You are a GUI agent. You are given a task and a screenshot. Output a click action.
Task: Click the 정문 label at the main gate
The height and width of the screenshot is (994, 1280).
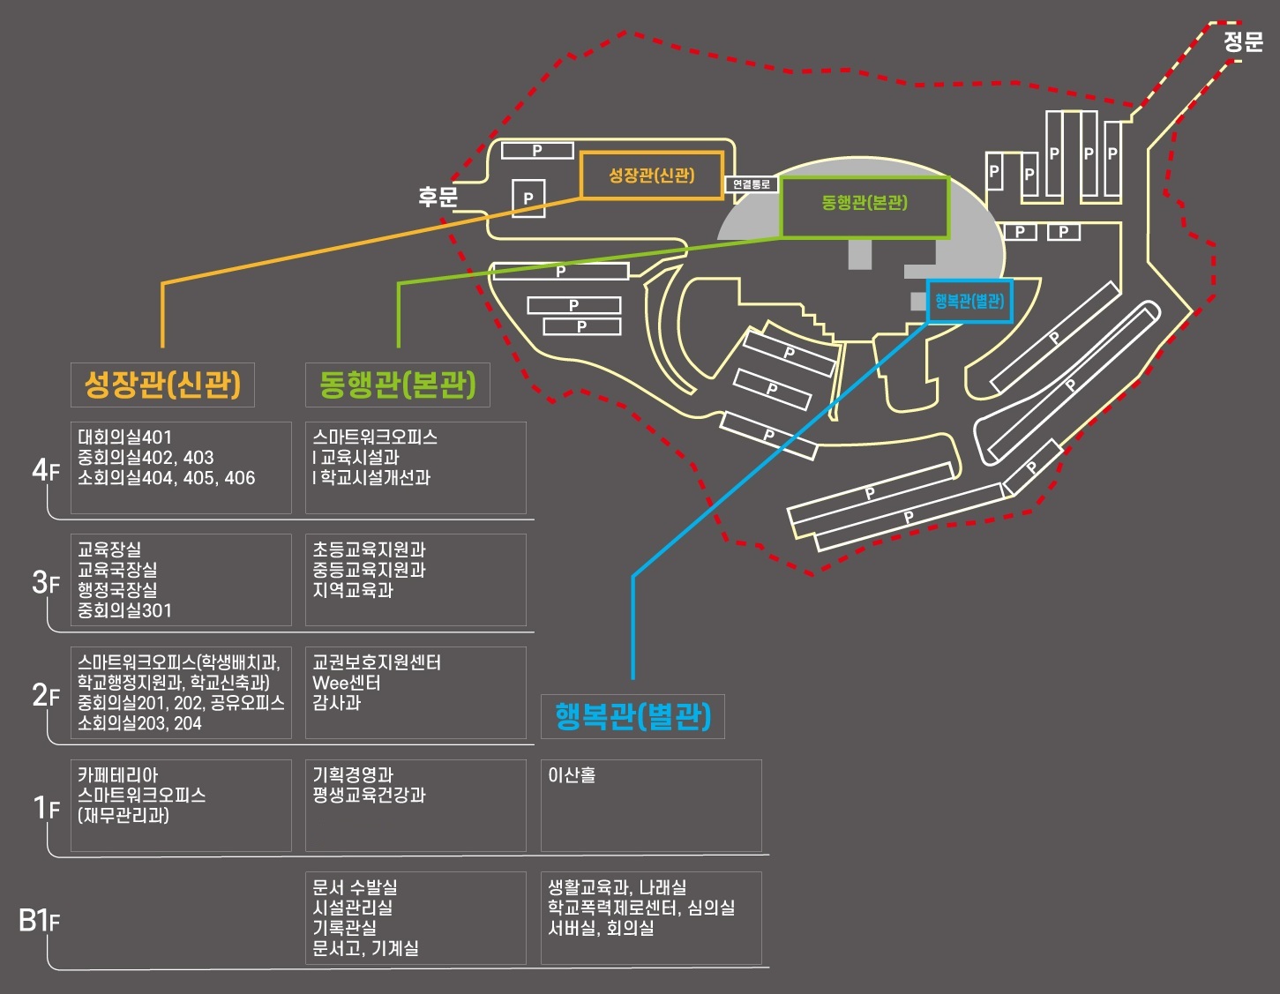coord(1243,41)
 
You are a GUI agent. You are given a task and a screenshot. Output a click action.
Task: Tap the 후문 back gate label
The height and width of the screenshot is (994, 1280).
coord(438,196)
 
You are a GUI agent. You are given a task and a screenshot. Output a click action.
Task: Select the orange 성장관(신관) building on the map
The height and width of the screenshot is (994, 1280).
coord(651,176)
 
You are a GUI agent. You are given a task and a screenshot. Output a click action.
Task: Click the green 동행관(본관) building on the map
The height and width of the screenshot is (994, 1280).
coord(865,203)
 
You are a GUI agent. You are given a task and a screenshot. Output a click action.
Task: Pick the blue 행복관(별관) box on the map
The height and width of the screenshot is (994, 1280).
coord(969,302)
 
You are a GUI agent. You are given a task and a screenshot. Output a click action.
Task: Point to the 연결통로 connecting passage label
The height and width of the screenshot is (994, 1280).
coord(752,184)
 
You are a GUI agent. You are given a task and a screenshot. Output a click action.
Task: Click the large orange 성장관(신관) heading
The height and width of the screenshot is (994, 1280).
coord(162,385)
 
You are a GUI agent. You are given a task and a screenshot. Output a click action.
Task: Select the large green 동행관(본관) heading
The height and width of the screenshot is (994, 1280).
coord(397,385)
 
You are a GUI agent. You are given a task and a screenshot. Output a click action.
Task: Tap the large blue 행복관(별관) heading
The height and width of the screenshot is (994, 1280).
coord(633,716)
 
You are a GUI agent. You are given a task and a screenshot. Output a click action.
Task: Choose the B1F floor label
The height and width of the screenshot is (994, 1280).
coord(40,921)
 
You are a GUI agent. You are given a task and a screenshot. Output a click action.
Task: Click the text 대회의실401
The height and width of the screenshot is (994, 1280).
coord(124,437)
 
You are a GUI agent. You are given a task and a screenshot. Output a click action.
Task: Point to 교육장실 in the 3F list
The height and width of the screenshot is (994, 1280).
coord(109,549)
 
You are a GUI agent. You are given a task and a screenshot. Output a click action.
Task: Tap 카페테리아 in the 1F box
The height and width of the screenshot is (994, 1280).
coord(118,775)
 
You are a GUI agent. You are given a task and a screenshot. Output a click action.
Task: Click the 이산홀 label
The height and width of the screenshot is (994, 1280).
coord(572,775)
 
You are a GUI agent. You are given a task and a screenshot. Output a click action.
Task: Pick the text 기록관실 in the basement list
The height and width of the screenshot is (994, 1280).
coord(344,928)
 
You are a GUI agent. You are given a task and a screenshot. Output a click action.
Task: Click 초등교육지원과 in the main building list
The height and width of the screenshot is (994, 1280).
coord(369,549)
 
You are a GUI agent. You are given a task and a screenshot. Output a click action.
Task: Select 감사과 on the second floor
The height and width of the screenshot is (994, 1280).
coord(336,703)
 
